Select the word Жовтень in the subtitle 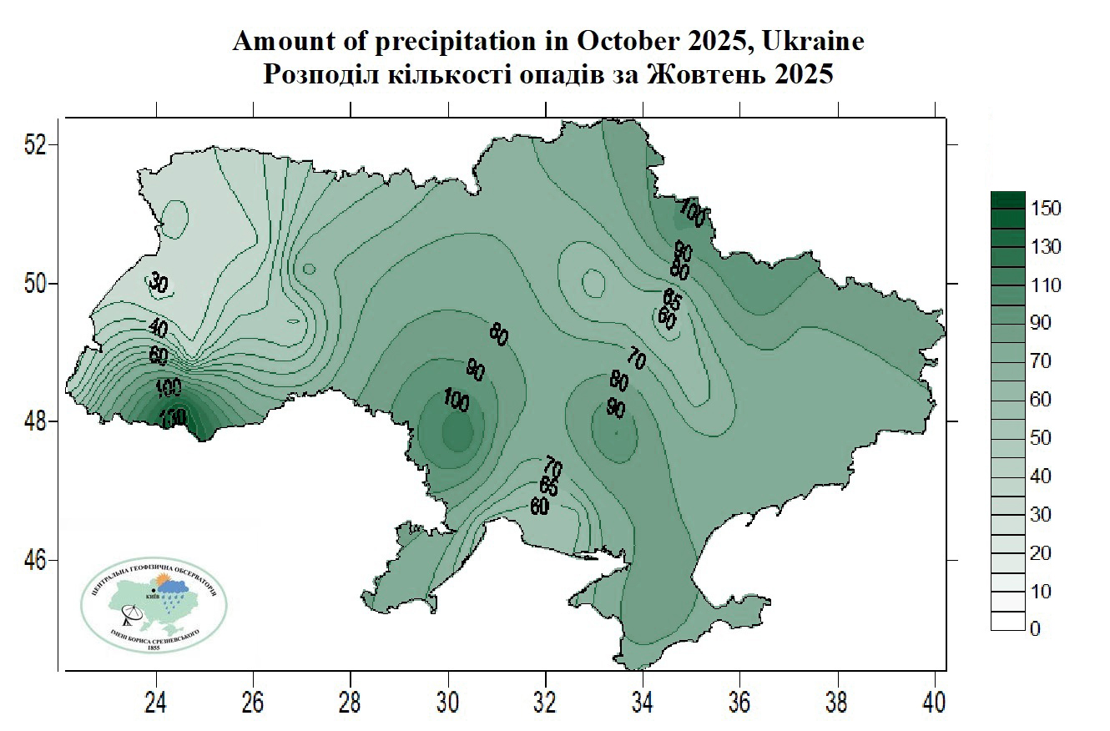694,74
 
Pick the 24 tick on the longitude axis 156,703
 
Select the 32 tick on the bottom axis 546,703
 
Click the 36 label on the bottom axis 740,703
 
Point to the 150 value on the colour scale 1046,209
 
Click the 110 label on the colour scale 1046,285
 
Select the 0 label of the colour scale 1036,629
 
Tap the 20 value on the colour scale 1042,553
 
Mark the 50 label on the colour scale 1042,438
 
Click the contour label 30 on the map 159,282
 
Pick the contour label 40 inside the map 158,328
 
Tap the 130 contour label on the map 171,417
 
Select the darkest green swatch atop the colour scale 1007,200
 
